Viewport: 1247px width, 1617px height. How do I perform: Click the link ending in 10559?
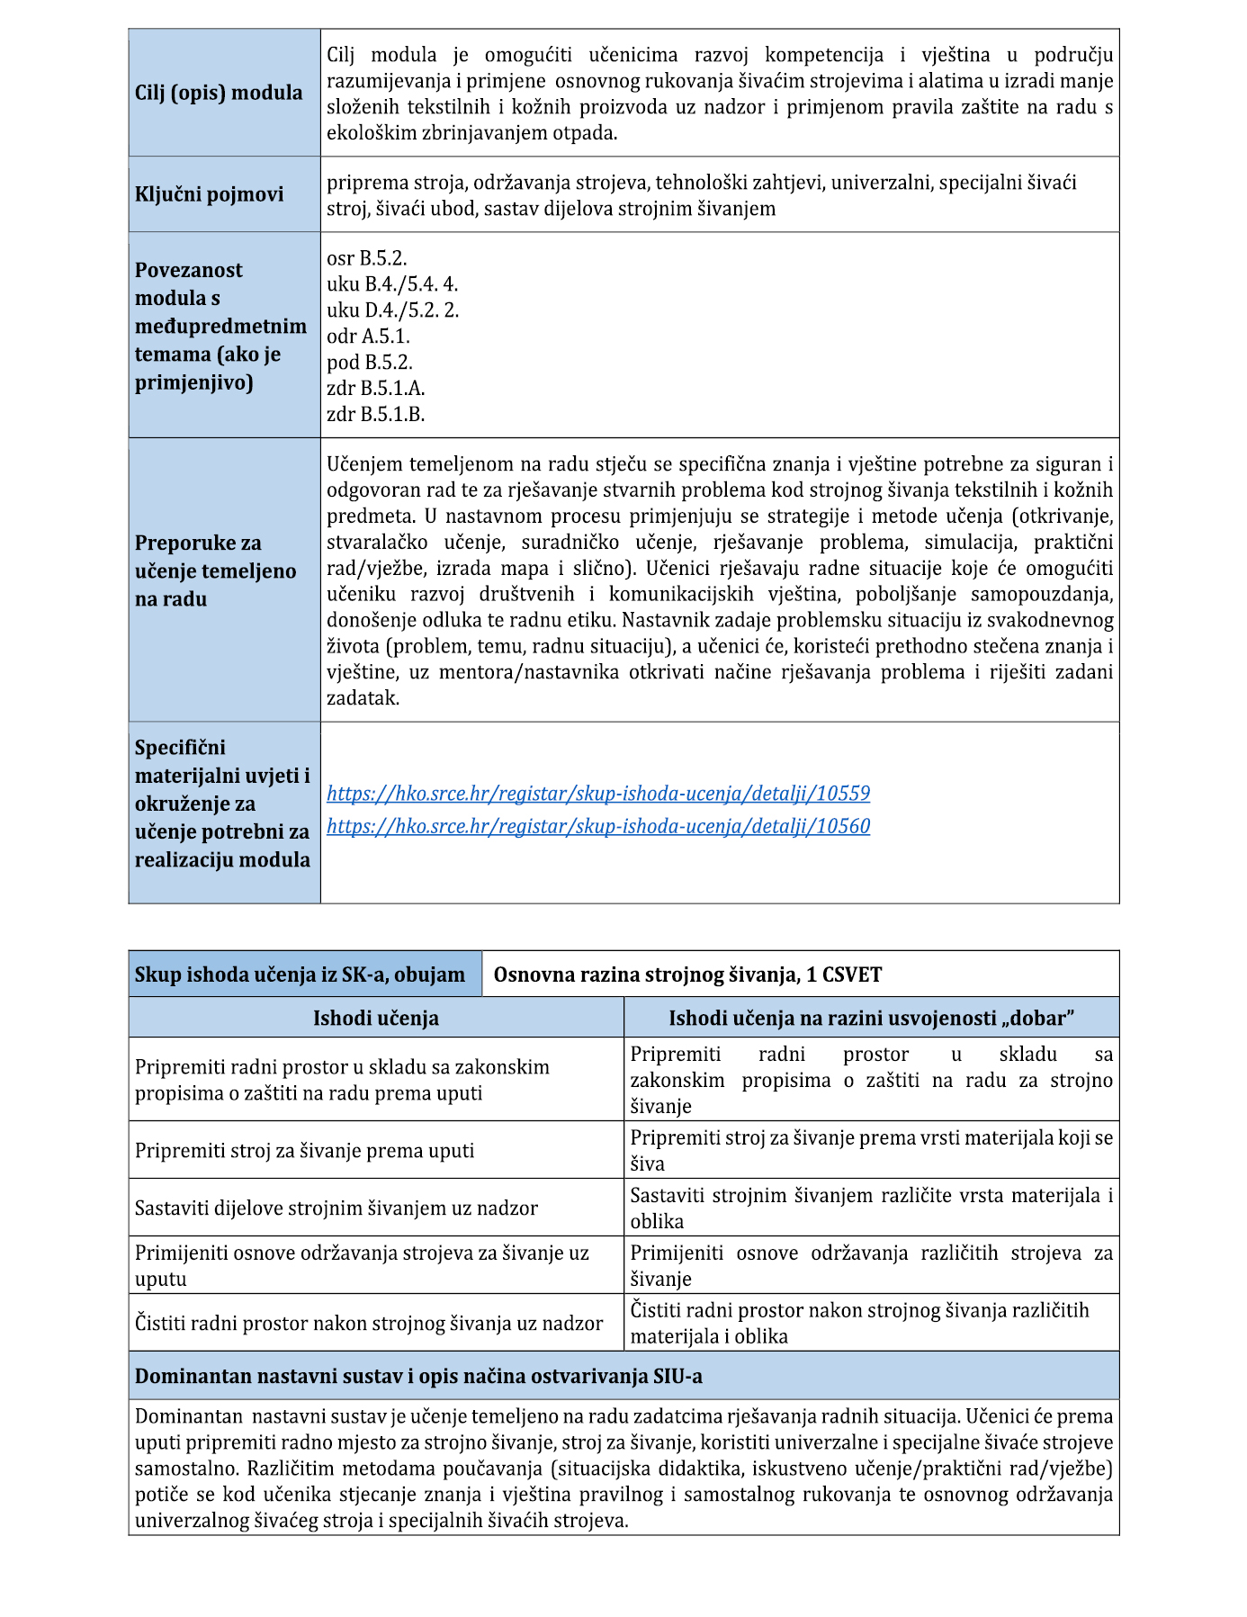coord(598,794)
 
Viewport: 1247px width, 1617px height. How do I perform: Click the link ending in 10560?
coord(598,826)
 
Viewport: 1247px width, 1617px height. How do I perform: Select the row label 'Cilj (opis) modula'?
coord(219,93)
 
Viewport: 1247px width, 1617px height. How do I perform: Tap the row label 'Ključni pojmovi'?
coord(209,194)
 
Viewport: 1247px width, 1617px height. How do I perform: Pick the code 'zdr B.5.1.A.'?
coord(375,389)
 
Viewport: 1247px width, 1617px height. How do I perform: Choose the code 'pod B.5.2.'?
coord(370,363)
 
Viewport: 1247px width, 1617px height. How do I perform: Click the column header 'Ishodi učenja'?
coord(376,1018)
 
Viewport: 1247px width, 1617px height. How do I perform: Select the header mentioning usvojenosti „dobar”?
coord(871,1018)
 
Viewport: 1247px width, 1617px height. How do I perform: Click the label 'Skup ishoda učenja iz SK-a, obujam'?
coord(300,975)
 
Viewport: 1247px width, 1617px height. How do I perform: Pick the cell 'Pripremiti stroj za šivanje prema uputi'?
coord(304,1151)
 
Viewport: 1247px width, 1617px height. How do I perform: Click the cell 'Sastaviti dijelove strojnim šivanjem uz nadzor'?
coord(336,1208)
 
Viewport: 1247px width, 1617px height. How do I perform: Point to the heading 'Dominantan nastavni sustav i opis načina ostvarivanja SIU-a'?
coord(418,1376)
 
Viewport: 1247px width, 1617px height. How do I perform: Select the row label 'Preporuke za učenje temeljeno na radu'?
coord(215,570)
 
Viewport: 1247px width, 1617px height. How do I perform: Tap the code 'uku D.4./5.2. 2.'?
coord(393,310)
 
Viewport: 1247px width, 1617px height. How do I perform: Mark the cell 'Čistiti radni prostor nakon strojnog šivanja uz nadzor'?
coord(369,1324)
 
